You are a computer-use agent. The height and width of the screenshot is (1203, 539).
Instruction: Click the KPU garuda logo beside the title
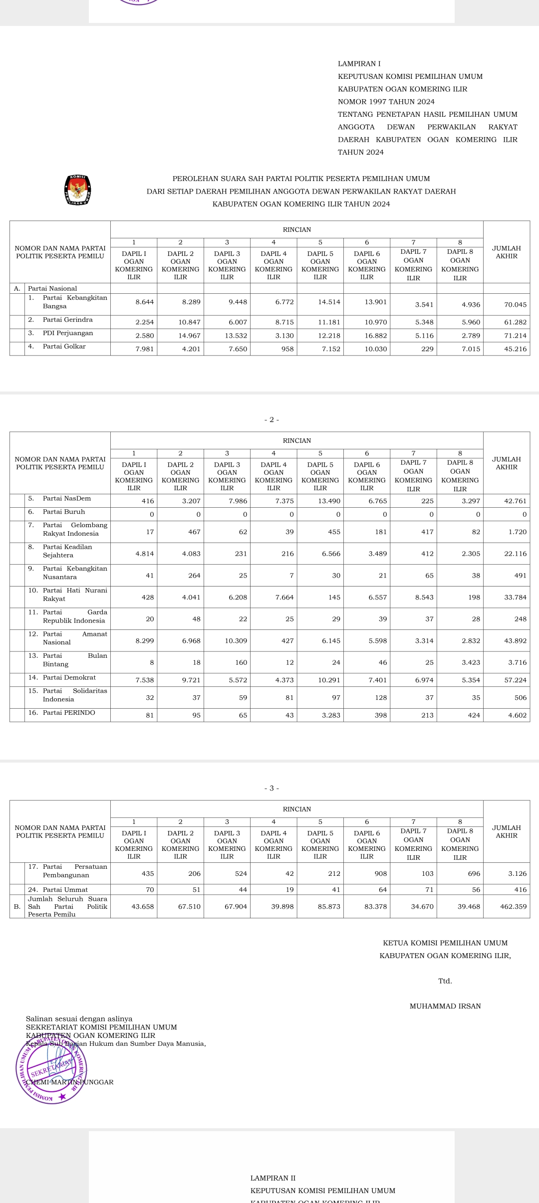(77, 190)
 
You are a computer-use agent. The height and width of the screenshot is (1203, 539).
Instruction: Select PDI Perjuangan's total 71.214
(515, 336)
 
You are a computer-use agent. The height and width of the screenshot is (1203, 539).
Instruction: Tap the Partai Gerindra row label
(67, 320)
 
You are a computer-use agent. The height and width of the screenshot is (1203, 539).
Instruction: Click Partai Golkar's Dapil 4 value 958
(287, 349)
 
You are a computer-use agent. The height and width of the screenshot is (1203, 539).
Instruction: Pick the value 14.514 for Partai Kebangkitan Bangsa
(329, 302)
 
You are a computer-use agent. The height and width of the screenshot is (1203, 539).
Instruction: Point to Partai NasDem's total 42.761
(515, 501)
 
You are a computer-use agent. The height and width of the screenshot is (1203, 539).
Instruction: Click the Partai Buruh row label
(64, 512)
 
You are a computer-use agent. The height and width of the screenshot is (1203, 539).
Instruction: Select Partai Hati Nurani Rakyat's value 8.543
(424, 597)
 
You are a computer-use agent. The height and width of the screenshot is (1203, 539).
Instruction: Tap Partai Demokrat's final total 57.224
(515, 680)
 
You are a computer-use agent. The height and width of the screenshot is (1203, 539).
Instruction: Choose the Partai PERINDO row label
(69, 713)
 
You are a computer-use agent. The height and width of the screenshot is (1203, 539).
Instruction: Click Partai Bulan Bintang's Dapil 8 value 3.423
(471, 662)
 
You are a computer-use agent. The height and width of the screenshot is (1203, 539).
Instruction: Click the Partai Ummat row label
(65, 889)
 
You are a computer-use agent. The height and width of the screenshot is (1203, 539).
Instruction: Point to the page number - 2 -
(271, 419)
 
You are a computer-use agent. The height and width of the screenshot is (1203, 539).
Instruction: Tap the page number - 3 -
(271, 788)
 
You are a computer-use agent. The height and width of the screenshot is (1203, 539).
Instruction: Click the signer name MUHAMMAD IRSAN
(445, 1006)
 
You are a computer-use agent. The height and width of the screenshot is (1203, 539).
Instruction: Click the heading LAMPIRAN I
(359, 64)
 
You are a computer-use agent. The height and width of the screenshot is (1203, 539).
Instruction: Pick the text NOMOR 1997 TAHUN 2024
(386, 102)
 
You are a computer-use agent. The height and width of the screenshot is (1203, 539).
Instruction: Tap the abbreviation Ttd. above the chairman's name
(445, 981)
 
